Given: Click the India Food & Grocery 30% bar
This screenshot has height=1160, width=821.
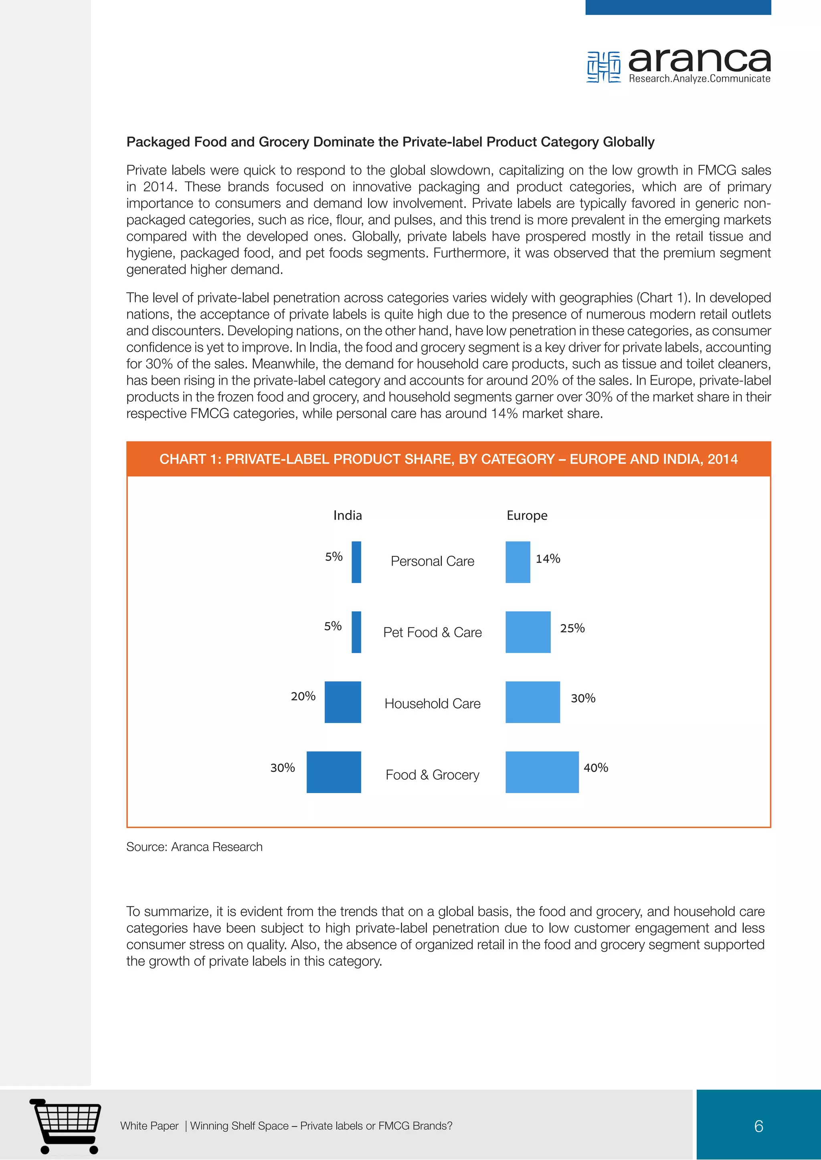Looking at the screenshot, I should click(x=334, y=772).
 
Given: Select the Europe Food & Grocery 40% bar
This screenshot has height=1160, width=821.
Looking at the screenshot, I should click(x=542, y=772).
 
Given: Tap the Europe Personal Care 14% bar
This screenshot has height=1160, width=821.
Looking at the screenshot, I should click(x=518, y=562).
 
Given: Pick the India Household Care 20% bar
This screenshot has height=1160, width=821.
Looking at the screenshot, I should click(x=343, y=702).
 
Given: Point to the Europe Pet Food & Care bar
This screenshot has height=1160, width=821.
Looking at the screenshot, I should click(x=528, y=632).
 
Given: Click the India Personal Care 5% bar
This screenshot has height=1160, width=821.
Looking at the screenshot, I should click(x=356, y=562).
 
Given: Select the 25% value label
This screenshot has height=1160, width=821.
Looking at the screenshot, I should click(x=572, y=628).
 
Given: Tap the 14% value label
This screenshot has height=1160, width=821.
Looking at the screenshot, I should click(x=548, y=559).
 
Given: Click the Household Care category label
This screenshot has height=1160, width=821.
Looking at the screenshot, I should click(x=432, y=703).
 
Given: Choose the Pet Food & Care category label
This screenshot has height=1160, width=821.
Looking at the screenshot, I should click(x=432, y=632).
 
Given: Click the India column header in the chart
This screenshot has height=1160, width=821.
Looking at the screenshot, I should click(x=347, y=516).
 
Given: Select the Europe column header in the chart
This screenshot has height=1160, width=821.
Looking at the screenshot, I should click(x=527, y=516).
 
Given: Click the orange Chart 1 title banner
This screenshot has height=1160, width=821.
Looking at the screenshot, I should click(x=449, y=459).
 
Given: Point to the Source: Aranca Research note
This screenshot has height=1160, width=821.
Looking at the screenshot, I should click(x=194, y=847).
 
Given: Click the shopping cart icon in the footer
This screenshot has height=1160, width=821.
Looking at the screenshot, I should click(x=66, y=1126).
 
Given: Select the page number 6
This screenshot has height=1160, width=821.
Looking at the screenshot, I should click(x=758, y=1126).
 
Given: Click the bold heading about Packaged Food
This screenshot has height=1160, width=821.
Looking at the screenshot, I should click(x=390, y=142).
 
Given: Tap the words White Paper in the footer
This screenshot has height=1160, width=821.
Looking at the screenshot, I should click(x=149, y=1126).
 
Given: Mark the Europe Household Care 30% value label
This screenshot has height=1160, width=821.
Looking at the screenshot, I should click(x=583, y=698).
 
